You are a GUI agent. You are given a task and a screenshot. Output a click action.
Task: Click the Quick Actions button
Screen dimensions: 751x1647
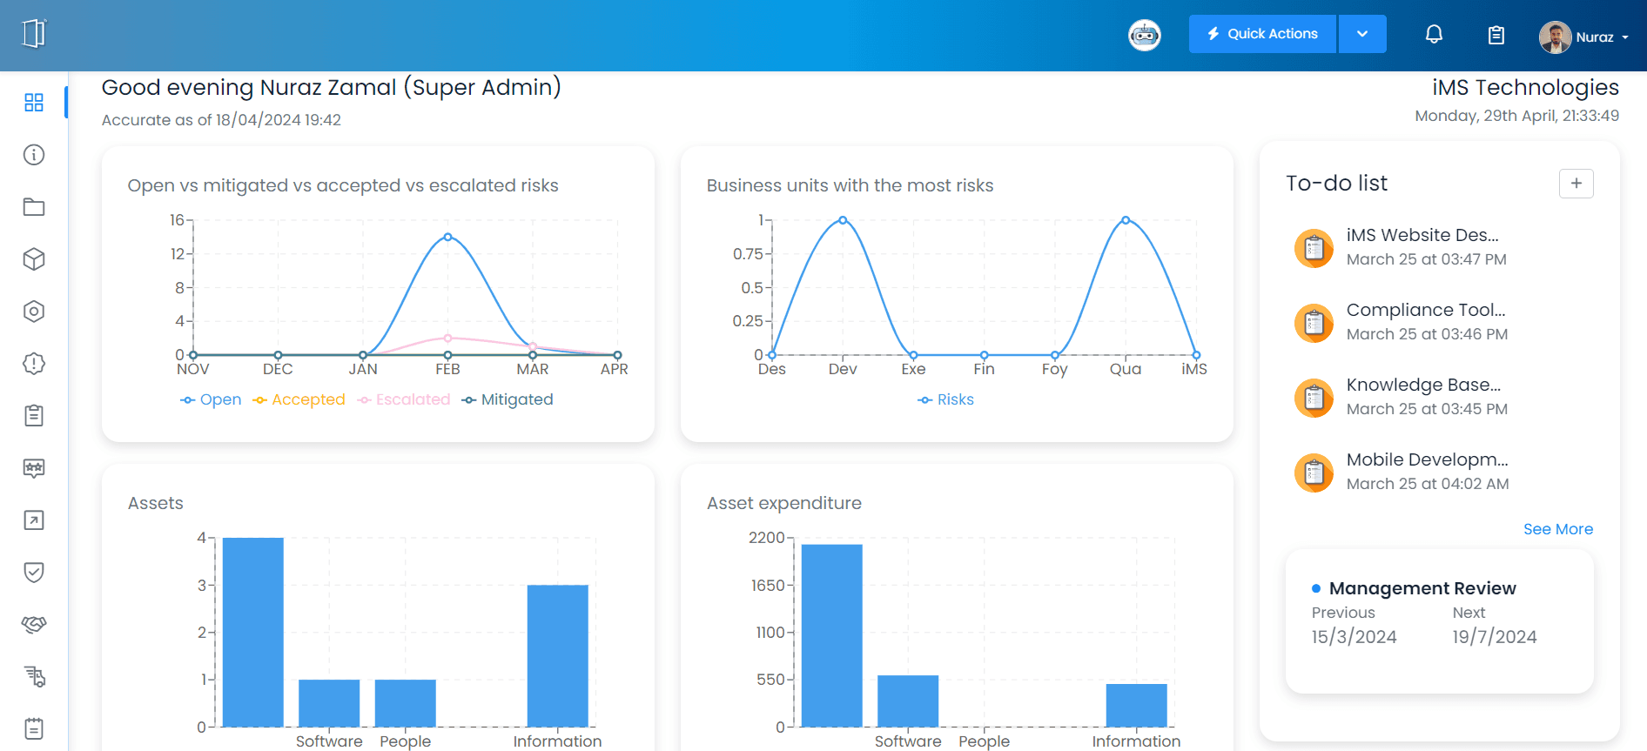coord(1262,34)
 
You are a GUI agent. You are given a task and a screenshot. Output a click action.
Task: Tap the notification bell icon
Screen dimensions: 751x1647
coord(1434,34)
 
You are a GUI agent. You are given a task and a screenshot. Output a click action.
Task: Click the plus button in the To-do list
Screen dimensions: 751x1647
coord(1576,184)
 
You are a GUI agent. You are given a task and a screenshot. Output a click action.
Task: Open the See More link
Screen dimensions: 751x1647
coord(1557,529)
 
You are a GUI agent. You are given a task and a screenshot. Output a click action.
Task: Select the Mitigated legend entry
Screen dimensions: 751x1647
coord(508,399)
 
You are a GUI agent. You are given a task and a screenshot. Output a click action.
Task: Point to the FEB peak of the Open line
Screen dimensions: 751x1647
coord(447,237)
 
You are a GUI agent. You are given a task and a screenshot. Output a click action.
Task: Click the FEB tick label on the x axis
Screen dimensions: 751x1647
coord(447,369)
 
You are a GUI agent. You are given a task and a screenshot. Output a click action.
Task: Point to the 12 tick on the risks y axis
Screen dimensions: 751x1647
coord(178,254)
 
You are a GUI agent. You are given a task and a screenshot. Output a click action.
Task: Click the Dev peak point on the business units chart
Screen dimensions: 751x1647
coord(843,220)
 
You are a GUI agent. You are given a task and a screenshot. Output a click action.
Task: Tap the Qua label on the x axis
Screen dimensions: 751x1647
coord(1125,369)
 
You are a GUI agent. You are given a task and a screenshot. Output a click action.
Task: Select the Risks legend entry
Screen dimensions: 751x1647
coord(946,399)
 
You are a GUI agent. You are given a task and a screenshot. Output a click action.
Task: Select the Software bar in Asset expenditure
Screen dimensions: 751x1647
coord(908,701)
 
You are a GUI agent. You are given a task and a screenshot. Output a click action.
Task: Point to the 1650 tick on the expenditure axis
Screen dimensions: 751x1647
coord(768,586)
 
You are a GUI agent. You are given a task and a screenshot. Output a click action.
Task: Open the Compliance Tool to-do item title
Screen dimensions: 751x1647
coord(1425,310)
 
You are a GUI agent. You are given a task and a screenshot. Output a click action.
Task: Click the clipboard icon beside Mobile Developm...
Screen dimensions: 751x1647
coord(1314,473)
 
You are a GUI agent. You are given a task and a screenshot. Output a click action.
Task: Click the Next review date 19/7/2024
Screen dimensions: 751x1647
coord(1494,637)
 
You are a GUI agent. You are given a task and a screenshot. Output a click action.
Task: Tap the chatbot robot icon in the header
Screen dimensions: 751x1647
coord(1144,36)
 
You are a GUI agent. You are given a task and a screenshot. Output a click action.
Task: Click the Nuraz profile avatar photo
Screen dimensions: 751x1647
coord(1555,37)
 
